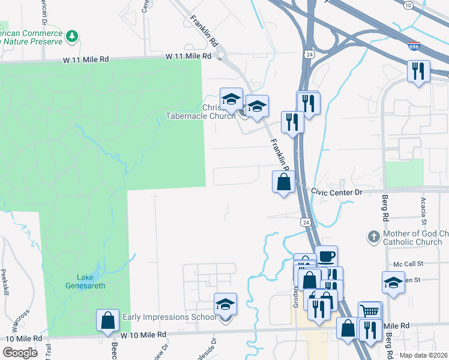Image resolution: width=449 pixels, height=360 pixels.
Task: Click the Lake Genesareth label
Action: click(x=91, y=281)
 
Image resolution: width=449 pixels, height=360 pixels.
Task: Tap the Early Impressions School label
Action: click(x=169, y=317)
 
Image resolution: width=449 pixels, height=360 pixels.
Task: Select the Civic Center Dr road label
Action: click(x=337, y=193)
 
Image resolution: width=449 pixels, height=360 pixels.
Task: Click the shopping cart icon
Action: click(x=370, y=311)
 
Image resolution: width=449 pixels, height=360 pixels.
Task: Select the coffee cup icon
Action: click(x=326, y=256)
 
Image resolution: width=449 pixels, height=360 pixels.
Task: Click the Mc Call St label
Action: click(x=408, y=263)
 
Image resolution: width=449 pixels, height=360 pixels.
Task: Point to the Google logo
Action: click(x=20, y=353)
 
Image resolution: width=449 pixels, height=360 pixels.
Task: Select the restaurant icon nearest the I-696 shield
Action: click(x=418, y=71)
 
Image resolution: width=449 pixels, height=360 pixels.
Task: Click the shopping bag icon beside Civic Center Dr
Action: click(x=284, y=181)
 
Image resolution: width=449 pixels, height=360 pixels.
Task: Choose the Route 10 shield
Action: click(x=408, y=5)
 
